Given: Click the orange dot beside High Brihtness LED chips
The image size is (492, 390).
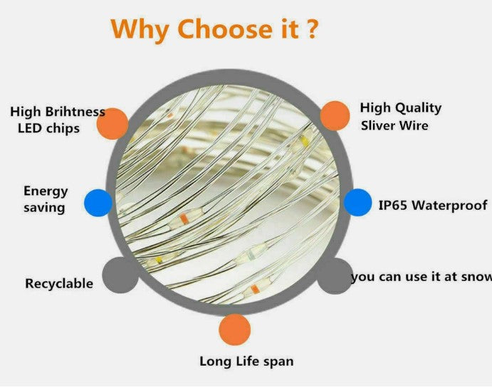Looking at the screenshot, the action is [x=112, y=124].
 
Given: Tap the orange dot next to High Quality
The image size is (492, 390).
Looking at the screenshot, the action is [x=335, y=116].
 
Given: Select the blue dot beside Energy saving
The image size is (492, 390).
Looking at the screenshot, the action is [x=98, y=203].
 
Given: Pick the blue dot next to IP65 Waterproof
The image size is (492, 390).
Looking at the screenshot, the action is [x=357, y=203].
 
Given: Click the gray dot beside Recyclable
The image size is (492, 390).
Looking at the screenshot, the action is [x=120, y=275].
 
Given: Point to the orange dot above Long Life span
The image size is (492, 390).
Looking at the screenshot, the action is [x=235, y=330].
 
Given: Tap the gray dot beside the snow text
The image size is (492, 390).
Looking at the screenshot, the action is [x=335, y=276].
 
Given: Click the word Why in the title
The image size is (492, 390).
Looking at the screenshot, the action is [x=140, y=29].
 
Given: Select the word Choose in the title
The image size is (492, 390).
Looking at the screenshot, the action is [x=226, y=28].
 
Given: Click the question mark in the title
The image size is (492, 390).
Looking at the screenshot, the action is [x=312, y=29].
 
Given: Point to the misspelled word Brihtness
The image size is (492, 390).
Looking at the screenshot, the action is [x=75, y=112].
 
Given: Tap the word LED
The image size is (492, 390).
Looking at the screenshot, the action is [x=29, y=128].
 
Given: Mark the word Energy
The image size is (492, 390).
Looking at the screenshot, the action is [x=46, y=191].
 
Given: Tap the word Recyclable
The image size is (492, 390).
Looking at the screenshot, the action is [x=59, y=283].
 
